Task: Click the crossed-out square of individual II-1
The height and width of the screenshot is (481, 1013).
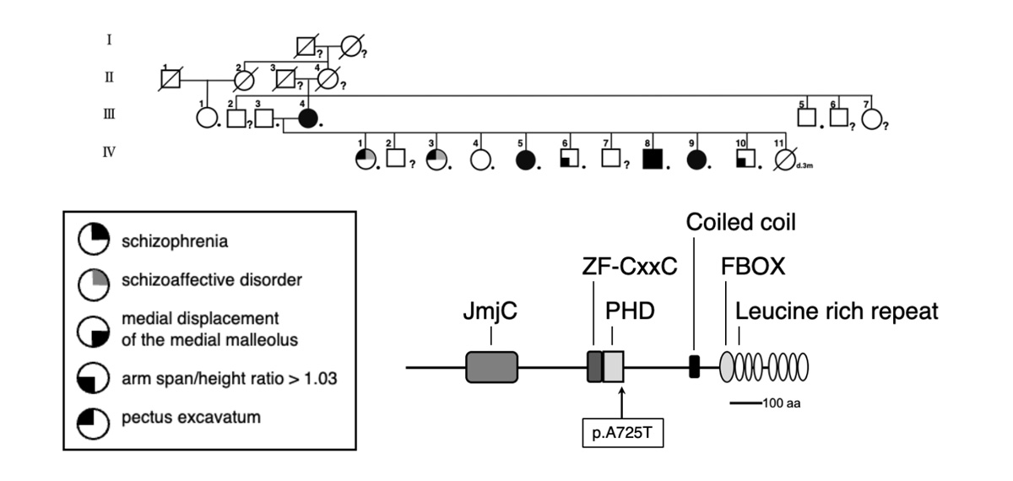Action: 172,81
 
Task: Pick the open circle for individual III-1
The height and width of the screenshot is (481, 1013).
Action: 205,119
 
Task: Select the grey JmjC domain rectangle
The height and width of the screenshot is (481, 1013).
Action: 491,367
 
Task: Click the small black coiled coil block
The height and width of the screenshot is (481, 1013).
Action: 694,367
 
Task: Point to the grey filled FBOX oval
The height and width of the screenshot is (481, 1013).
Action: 729,367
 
